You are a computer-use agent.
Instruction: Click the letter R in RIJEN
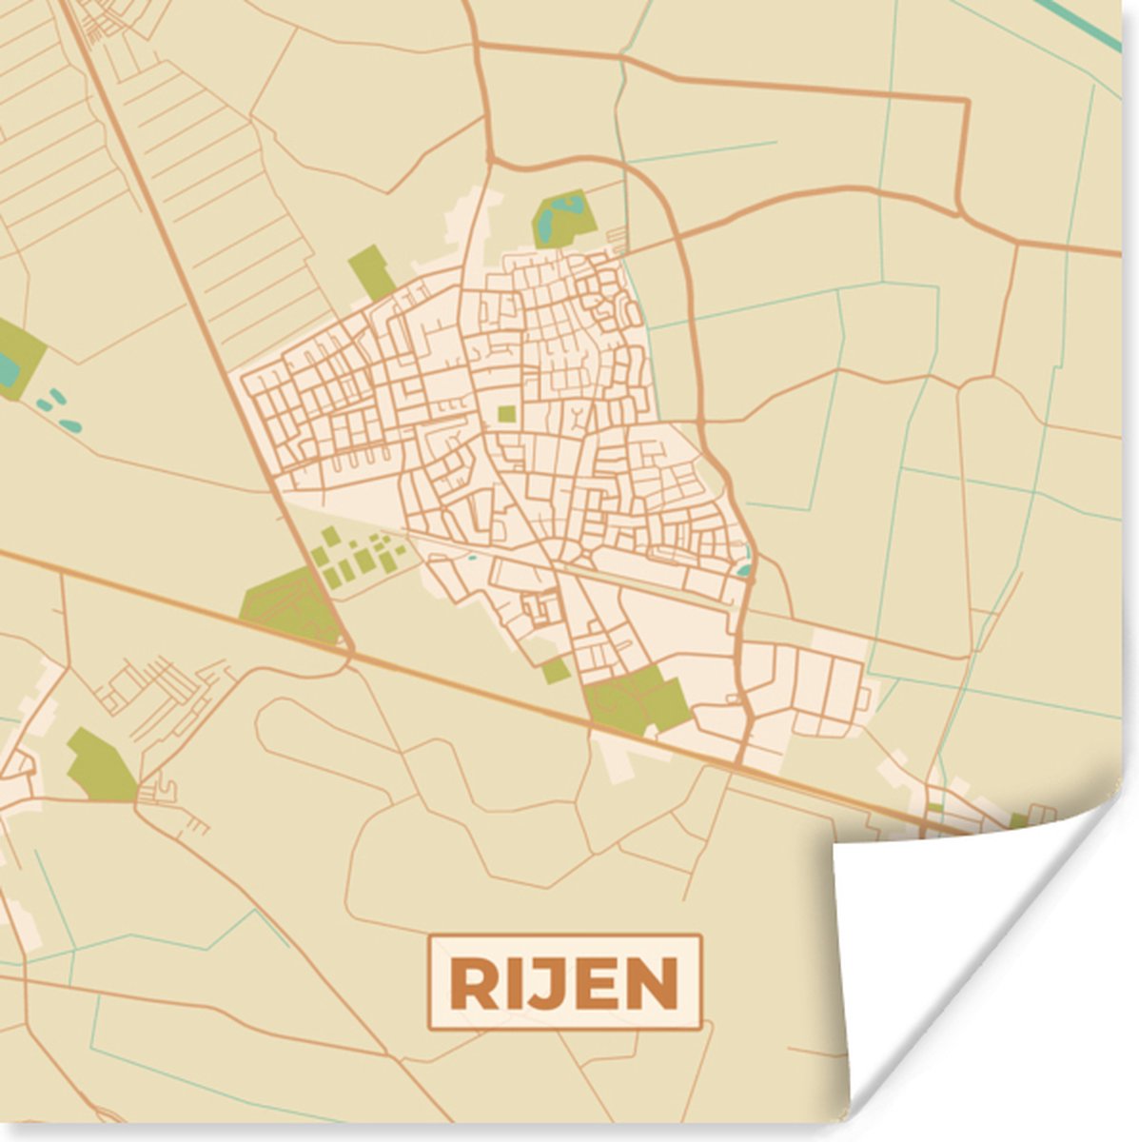(x=473, y=983)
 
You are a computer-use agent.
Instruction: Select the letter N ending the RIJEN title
(x=656, y=983)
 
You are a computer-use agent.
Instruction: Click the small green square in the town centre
(x=507, y=414)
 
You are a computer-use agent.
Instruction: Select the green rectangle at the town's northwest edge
(x=371, y=272)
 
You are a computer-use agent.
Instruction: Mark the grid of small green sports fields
(x=357, y=556)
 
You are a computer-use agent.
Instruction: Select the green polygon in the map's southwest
(x=101, y=766)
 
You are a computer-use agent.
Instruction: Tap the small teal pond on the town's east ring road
(x=744, y=570)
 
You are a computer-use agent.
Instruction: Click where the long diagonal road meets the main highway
(x=350, y=653)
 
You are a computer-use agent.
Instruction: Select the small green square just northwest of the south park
(x=556, y=671)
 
